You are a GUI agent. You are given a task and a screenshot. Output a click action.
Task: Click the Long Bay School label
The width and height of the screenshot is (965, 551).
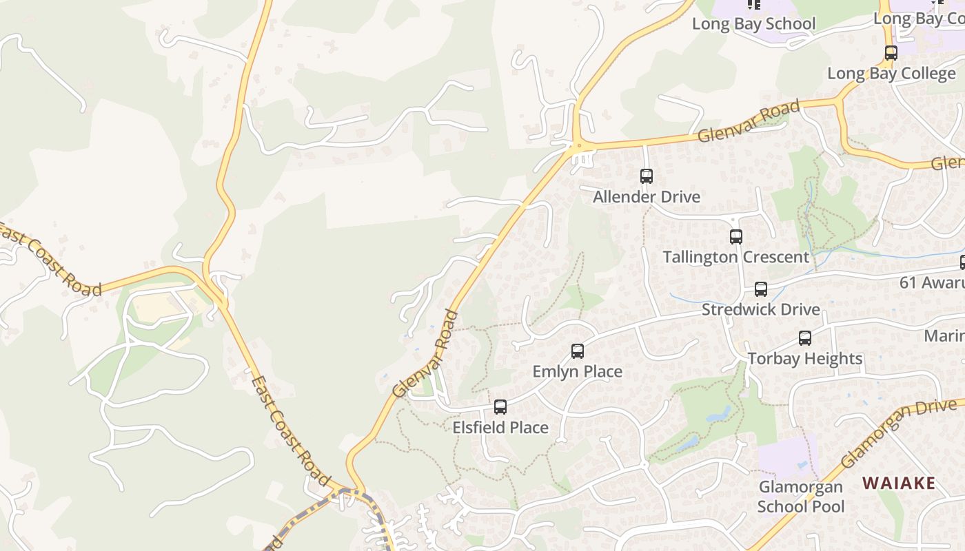coord(753,24)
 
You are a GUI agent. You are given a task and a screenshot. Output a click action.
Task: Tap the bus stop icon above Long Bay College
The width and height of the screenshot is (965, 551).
coord(891,53)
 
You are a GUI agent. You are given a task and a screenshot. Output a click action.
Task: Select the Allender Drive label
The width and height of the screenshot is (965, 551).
coord(647,197)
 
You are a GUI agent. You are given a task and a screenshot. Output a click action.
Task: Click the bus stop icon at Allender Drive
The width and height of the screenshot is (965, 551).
coord(646,176)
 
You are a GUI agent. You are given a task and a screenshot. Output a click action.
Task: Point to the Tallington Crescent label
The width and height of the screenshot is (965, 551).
coord(735,257)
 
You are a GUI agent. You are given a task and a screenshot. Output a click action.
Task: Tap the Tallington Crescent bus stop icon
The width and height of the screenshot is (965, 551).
coord(736,237)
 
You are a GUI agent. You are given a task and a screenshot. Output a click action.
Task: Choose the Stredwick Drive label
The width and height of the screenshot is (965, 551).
coord(760,309)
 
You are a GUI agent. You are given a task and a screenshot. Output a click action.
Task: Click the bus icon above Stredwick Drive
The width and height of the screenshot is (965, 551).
coord(760,289)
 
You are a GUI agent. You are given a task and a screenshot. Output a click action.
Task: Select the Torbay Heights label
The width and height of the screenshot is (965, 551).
coord(804,359)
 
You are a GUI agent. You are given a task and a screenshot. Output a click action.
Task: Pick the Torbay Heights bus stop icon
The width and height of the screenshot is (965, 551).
coord(804,338)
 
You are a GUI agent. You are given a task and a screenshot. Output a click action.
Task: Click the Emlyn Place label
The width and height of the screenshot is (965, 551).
coord(577,372)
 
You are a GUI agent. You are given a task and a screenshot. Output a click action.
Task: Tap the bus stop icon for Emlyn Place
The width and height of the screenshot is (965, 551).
coord(578,351)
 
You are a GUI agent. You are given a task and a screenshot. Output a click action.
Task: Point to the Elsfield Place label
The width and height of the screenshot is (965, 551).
coord(500,428)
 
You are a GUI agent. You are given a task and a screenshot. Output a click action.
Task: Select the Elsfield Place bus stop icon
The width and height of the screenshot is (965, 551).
coord(500,407)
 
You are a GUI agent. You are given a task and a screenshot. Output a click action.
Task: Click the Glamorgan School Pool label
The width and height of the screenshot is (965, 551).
coord(800,497)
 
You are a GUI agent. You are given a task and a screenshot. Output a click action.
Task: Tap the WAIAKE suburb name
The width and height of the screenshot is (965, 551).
coord(898,483)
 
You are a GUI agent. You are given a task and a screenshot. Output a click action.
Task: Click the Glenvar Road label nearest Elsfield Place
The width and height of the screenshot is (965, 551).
coord(425,354)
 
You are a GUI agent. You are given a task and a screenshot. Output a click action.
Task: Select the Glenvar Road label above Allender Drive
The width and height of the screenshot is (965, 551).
coord(749,121)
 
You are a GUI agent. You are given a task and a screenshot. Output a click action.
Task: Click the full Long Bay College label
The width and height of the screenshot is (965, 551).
coord(891,74)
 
